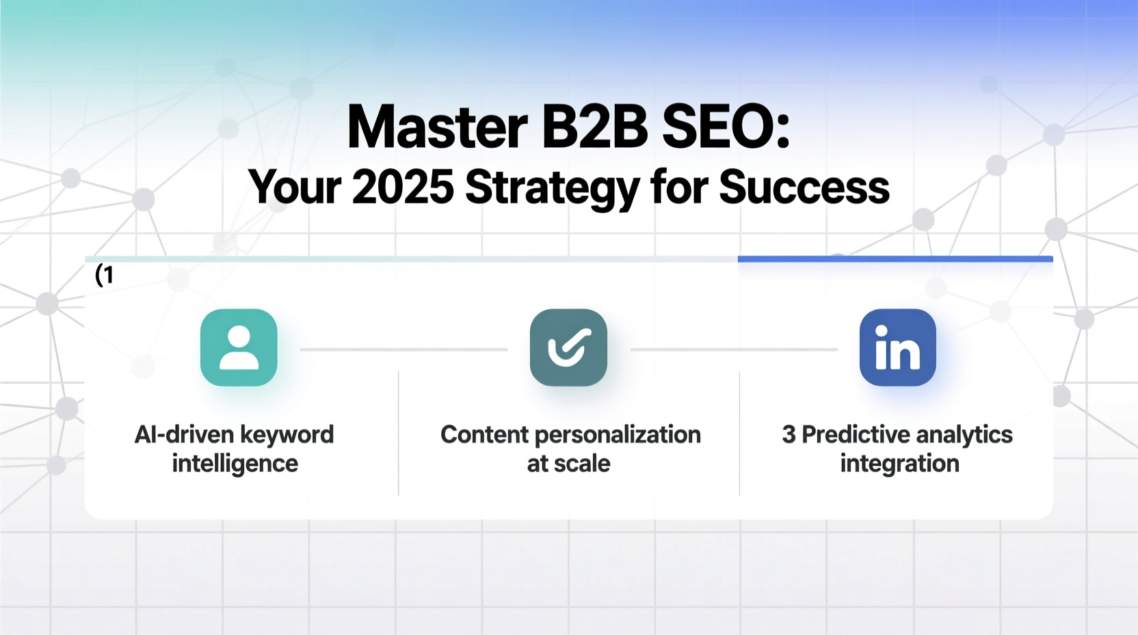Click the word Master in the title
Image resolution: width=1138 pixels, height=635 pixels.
click(438, 127)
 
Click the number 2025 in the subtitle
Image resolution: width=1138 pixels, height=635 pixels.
click(403, 187)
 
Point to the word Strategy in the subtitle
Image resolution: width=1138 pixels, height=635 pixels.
click(552, 187)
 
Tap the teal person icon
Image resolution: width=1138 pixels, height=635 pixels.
click(239, 348)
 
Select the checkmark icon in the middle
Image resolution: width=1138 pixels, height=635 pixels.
click(568, 348)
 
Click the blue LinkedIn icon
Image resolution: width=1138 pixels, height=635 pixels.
click(897, 348)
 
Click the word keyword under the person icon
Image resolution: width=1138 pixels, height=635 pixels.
click(287, 435)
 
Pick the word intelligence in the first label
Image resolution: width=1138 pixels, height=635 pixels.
click(235, 464)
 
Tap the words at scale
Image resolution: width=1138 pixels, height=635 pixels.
click(568, 464)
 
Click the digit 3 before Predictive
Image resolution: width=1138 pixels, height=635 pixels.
click(789, 435)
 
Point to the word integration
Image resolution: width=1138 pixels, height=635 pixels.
click(899, 464)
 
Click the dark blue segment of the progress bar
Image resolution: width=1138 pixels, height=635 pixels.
click(895, 259)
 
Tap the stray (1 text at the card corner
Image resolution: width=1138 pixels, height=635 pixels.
click(104, 275)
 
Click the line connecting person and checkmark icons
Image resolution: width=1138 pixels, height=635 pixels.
click(403, 350)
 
